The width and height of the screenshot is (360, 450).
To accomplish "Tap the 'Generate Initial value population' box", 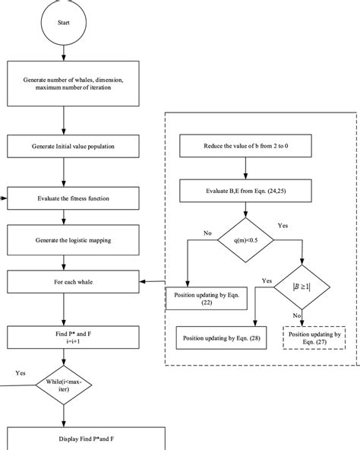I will tap(74, 147).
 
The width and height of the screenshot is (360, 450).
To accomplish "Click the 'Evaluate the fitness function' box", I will tap(74, 199).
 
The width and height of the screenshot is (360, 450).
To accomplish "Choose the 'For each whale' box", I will tap(74, 284).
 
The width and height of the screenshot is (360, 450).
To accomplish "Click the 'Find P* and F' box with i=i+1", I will tap(74, 337).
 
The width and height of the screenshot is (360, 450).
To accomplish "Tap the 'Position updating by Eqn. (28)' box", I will tap(221, 337).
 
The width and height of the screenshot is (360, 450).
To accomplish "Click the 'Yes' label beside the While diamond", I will tap(21, 373).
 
